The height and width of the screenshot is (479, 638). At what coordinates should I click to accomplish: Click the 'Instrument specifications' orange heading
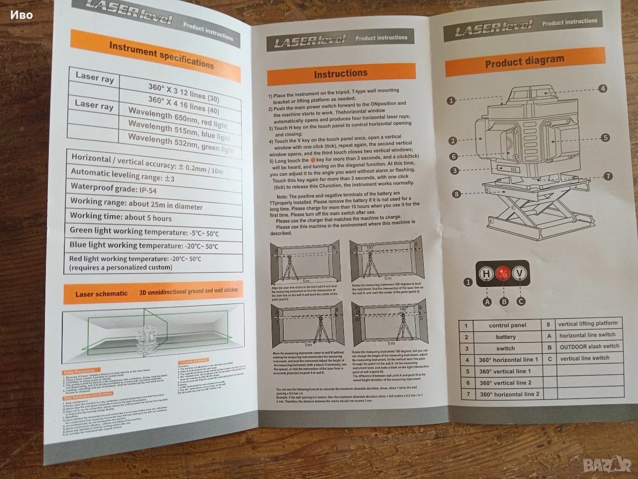[x=161, y=54]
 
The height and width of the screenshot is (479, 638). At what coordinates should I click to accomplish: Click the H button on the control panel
[x=486, y=273]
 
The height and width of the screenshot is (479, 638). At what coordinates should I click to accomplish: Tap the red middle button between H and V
[x=503, y=273]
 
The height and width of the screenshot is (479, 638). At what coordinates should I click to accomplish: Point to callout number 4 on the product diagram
[x=603, y=89]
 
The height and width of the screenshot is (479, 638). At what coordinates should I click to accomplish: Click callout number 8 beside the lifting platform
[x=456, y=194]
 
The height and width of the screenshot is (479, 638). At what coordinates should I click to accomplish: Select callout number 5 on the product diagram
[x=605, y=138]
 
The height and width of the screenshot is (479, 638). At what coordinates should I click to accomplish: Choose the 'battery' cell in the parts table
[x=505, y=337]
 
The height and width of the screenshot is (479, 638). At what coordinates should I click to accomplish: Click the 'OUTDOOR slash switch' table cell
[x=589, y=346]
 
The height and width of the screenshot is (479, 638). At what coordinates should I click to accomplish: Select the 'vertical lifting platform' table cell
[x=587, y=324]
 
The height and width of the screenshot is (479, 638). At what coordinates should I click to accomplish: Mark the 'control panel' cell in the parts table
[x=507, y=325]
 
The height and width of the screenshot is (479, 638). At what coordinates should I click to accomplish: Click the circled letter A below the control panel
[x=487, y=302]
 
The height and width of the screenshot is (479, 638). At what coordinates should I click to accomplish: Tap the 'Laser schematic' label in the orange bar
[x=101, y=294]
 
